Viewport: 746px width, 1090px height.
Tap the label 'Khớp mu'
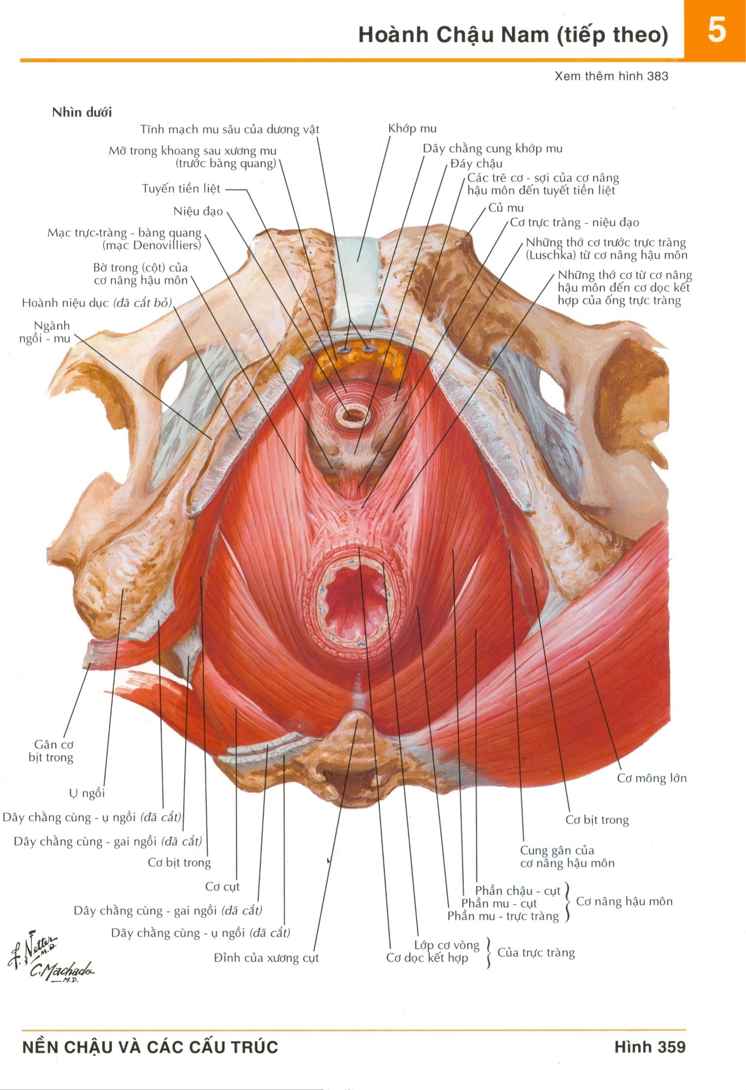click(412, 128)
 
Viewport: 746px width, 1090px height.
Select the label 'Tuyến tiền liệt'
click(181, 189)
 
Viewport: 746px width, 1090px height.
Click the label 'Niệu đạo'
click(198, 212)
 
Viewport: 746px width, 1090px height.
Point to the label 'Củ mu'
click(506, 208)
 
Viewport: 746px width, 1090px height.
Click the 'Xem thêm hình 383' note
click(611, 76)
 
